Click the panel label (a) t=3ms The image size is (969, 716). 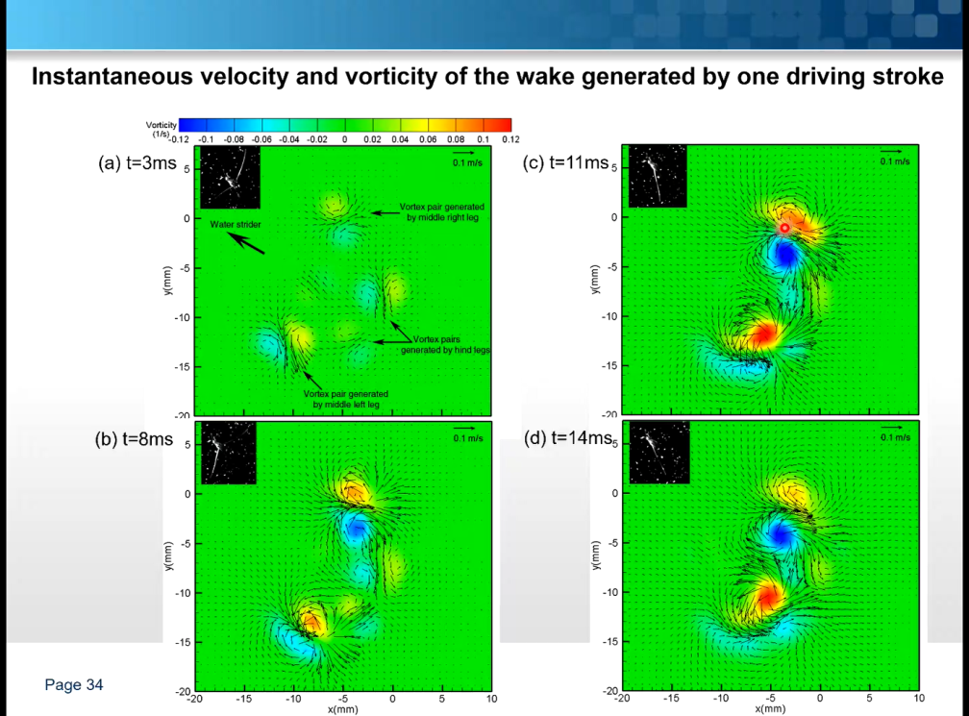(137, 163)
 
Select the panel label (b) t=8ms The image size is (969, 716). (136, 439)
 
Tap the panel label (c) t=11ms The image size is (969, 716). (565, 163)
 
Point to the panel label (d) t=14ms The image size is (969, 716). (567, 439)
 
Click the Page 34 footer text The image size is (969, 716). (74, 685)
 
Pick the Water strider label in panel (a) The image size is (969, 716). (235, 225)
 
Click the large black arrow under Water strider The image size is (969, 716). (248, 243)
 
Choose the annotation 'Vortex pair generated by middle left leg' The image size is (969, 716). (346, 399)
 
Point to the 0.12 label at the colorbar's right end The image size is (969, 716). (510, 139)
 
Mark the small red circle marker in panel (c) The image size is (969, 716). (784, 228)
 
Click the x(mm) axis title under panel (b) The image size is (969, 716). (342, 709)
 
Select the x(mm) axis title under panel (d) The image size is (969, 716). (770, 709)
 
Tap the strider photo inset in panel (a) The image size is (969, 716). (230, 178)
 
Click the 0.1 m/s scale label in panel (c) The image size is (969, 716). (894, 161)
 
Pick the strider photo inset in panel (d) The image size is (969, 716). (658, 453)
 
